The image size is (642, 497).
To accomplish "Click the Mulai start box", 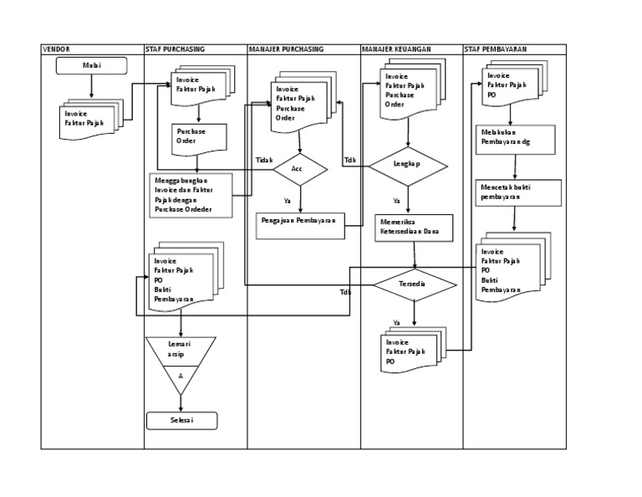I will click(92, 66).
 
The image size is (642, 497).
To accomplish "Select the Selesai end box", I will click(181, 420).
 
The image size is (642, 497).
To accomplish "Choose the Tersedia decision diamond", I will click(414, 284).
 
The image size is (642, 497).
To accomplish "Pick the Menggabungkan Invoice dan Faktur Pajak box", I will click(191, 195).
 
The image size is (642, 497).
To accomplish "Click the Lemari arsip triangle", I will click(181, 358).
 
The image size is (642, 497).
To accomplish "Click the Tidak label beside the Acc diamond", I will click(264, 160).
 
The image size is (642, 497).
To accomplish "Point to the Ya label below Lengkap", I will click(396, 201).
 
